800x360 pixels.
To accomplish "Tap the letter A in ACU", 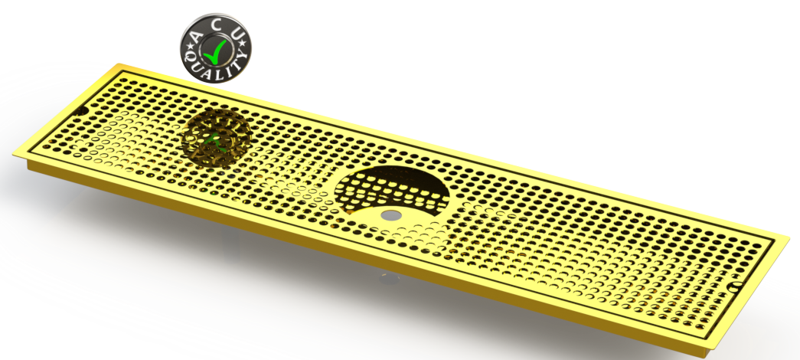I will pyautogui.click(x=195, y=35).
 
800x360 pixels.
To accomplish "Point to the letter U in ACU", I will pyautogui.click(x=237, y=34).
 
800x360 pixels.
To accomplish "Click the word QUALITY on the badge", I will pyautogui.click(x=217, y=69).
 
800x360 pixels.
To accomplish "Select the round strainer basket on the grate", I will pyautogui.click(x=216, y=139).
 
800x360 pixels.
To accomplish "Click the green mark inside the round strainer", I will pyautogui.click(x=214, y=141).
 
